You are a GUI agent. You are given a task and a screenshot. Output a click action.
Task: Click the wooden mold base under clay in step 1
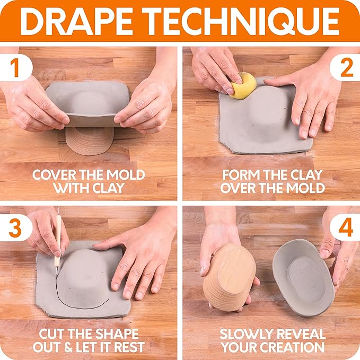[x=89, y=141]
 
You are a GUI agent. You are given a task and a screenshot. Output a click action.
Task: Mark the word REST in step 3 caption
[x=130, y=347]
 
